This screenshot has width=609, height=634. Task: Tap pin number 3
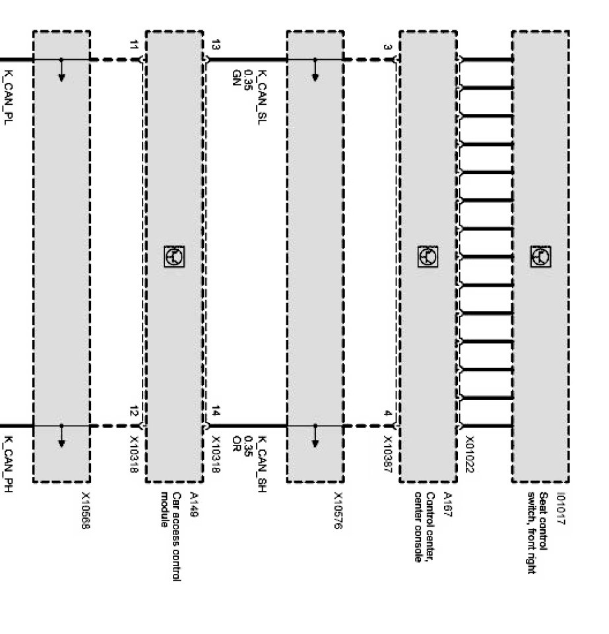pos(387,47)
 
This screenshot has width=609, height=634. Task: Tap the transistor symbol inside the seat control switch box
pos(540,256)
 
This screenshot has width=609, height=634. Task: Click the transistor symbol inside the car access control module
pos(174,256)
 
